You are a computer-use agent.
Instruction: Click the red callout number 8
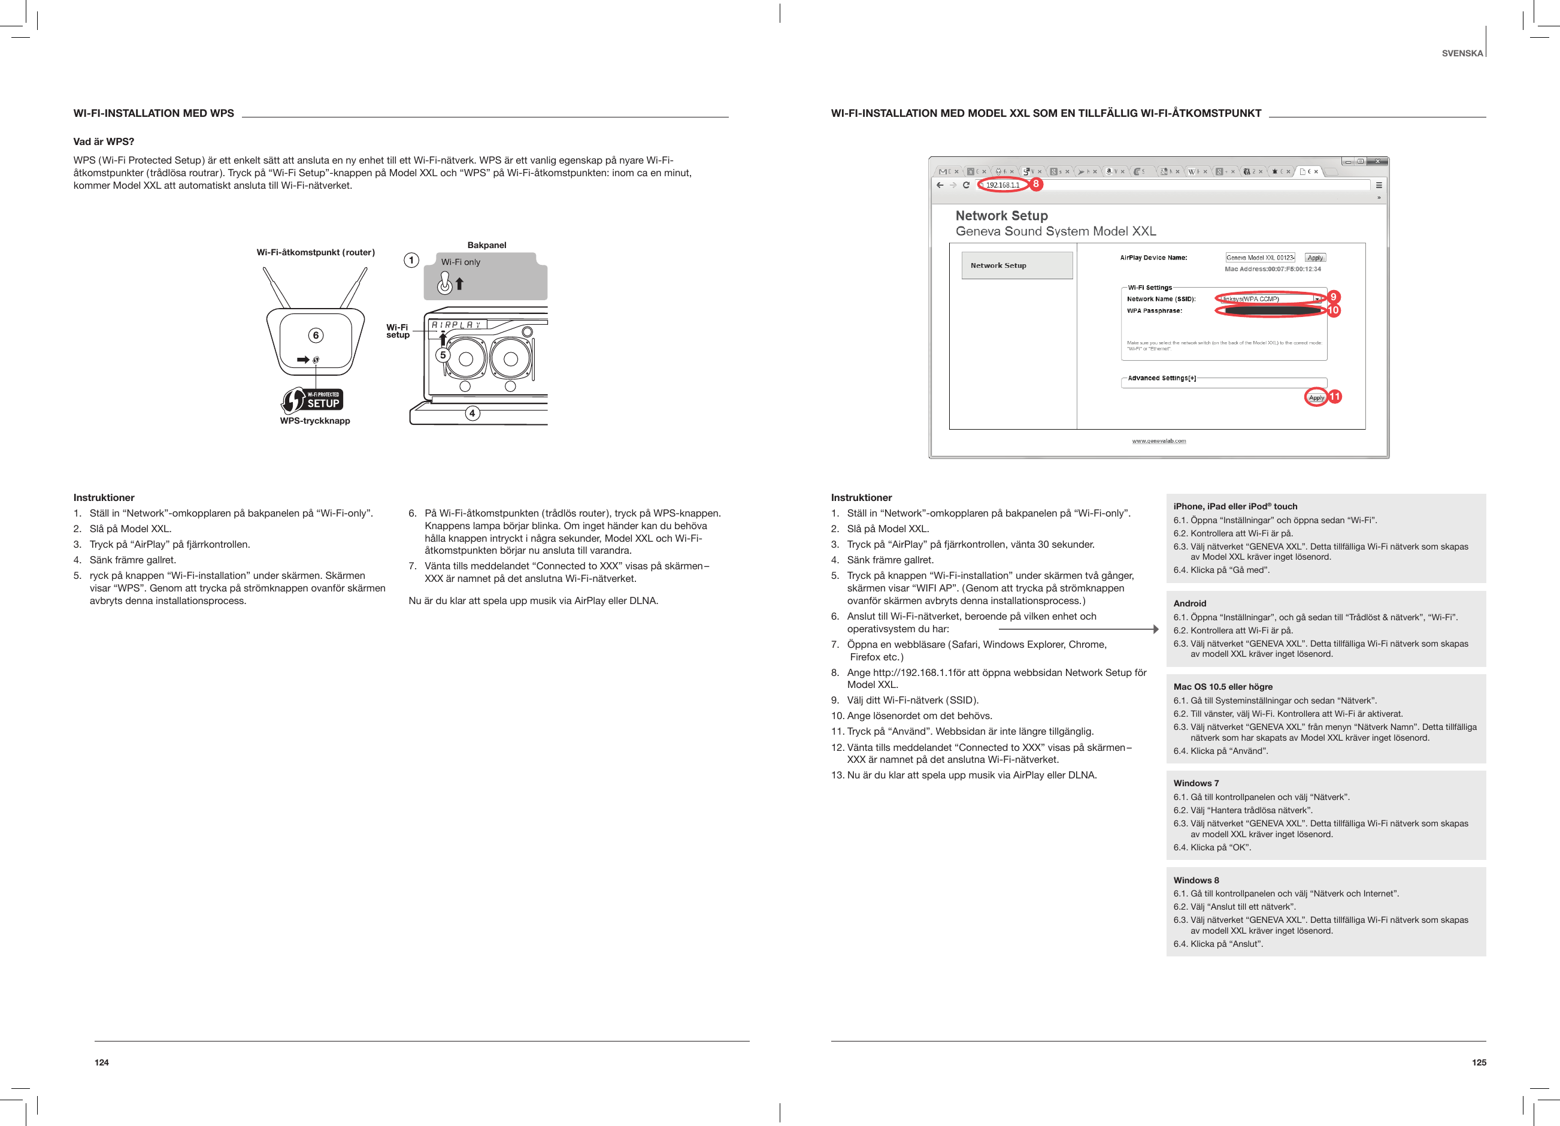pyautogui.click(x=1035, y=184)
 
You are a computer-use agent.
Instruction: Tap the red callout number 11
pyautogui.click(x=1334, y=397)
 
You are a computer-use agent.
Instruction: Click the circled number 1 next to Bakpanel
pyautogui.click(x=411, y=260)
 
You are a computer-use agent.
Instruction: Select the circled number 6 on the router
pyautogui.click(x=316, y=335)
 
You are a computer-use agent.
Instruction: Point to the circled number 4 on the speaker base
pyautogui.click(x=472, y=413)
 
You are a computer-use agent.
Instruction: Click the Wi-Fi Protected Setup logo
pyautogui.click(x=313, y=400)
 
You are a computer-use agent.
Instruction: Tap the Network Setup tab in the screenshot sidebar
pyautogui.click(x=1016, y=265)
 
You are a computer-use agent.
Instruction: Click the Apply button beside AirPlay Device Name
pyautogui.click(x=1314, y=258)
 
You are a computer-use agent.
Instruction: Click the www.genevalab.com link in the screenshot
pyautogui.click(x=1158, y=440)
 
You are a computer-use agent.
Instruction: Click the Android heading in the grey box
pyautogui.click(x=1189, y=603)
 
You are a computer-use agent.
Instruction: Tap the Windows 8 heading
pyautogui.click(x=1195, y=880)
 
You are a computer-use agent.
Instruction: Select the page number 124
pyautogui.click(x=102, y=1062)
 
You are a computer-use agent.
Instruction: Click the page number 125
pyautogui.click(x=1478, y=1062)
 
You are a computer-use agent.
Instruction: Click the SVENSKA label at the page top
pyautogui.click(x=1462, y=53)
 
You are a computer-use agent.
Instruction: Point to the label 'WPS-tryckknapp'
pyautogui.click(x=314, y=421)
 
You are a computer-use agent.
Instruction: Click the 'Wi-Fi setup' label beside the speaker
pyautogui.click(x=398, y=331)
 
